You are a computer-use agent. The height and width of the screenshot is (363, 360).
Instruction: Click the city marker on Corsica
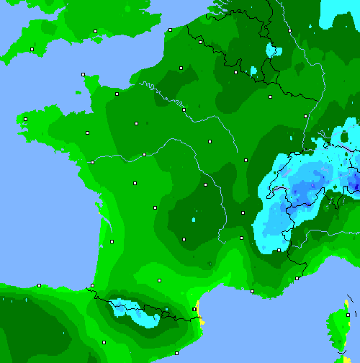pyautogui.click(x=347, y=315)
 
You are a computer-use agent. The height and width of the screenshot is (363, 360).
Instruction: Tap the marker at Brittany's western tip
pyautogui.click(x=25, y=119)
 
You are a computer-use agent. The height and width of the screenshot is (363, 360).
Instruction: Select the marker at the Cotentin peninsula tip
pyautogui.click(x=84, y=74)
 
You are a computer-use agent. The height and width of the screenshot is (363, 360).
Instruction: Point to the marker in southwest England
pyautogui.click(x=32, y=49)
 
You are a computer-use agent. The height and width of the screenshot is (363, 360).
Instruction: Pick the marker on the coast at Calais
pyautogui.click(x=170, y=30)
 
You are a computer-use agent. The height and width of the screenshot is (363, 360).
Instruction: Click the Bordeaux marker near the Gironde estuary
pyautogui.click(x=112, y=241)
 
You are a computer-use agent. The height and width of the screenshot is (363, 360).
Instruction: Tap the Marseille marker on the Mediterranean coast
pyautogui.click(x=252, y=291)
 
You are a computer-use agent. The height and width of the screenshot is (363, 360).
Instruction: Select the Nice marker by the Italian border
pyautogui.click(x=297, y=278)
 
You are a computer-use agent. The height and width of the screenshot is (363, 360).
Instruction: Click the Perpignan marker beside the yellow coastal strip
pyautogui.click(x=194, y=309)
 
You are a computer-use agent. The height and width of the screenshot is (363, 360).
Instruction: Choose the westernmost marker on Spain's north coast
pyautogui.click(x=39, y=285)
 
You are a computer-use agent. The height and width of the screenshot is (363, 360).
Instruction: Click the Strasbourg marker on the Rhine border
pyautogui.click(x=305, y=116)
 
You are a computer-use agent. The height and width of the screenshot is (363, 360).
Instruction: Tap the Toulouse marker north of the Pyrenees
pyautogui.click(x=159, y=279)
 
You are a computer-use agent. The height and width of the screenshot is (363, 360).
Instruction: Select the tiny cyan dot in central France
pyautogui.click(x=194, y=218)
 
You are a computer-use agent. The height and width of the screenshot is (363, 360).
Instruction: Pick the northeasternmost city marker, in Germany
pyautogui.click(x=289, y=30)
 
